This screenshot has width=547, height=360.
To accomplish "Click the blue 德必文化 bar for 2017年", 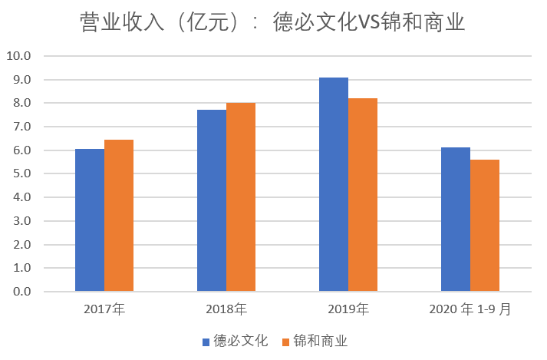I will [x=90, y=220].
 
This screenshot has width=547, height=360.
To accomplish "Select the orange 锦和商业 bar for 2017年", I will [x=119, y=216].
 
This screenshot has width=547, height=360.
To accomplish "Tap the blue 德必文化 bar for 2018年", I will [x=212, y=200].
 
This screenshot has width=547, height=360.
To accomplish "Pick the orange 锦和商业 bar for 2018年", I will [x=241, y=197].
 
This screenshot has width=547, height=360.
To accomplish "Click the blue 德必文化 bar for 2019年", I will [x=334, y=184].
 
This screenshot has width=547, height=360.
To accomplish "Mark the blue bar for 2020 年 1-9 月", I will [x=456, y=220].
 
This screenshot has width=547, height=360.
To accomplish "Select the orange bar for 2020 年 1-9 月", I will [x=485, y=226].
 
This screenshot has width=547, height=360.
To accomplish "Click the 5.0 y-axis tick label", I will [x=21, y=174].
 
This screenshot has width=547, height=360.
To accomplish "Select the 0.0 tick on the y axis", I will [x=21, y=292].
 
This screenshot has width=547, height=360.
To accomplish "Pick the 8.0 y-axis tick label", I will [x=21, y=104].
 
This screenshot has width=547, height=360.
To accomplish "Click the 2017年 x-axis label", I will [x=104, y=310].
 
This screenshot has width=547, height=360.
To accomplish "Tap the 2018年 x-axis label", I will [x=226, y=310].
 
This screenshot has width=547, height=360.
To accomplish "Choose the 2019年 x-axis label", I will [x=348, y=310].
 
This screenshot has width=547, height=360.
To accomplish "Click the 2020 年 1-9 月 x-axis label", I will [x=469, y=310].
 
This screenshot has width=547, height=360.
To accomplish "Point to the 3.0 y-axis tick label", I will [x=21, y=222].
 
